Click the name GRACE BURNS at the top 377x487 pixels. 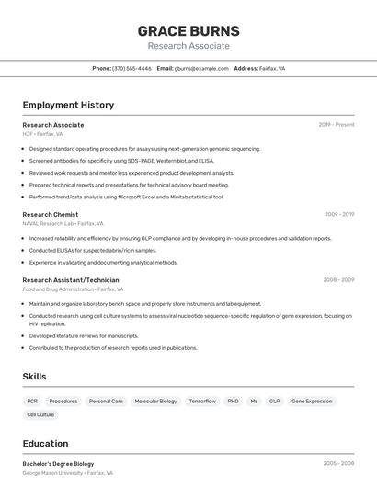tap(188, 30)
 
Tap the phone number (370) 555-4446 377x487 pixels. tap(131, 68)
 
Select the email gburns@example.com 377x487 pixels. tap(201, 68)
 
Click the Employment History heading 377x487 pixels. tap(68, 105)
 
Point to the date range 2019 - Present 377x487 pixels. tap(337, 124)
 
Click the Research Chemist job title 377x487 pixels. tap(51, 214)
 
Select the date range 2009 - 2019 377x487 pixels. tap(339, 214)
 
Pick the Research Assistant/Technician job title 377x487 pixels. tap(71, 279)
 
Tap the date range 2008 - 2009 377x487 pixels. tap(338, 279)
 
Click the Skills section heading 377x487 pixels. tap(34, 377)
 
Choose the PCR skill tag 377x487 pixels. tap(32, 402)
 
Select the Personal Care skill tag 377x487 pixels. tap(106, 402)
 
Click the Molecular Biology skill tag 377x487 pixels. tap(155, 402)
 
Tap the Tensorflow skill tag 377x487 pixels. tap(202, 402)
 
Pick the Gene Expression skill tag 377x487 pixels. tap(312, 402)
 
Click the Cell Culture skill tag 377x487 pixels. tap(40, 414)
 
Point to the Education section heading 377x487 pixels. tap(45, 443)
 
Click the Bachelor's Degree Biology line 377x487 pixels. tap(58, 464)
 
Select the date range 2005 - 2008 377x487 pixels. tap(338, 464)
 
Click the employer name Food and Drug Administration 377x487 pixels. tap(58, 289)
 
